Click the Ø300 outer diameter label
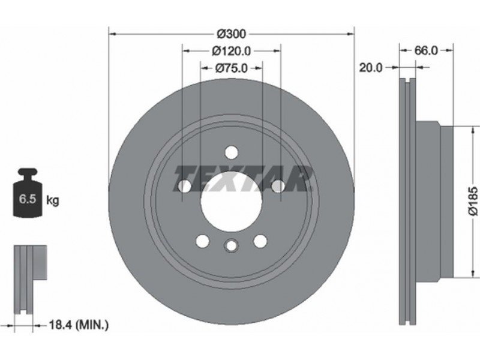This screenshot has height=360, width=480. point(232,34)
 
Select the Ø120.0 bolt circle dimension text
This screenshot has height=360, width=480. point(231,51)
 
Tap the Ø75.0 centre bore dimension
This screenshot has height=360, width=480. point(231,68)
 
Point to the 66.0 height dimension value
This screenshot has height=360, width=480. point(426,50)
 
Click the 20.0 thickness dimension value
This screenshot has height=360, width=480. point(371,68)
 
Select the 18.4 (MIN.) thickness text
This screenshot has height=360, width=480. point(79,325)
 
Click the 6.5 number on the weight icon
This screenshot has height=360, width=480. point(28,199)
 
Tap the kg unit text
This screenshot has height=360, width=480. point(52,200)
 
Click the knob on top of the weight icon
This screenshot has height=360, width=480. point(27,173)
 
